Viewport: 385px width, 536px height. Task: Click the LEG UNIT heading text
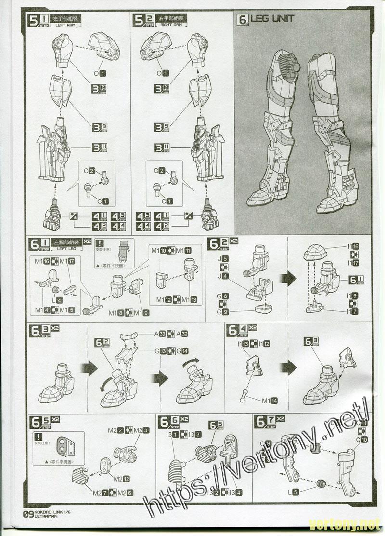tap(272, 19)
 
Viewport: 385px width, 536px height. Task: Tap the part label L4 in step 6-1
tap(57, 300)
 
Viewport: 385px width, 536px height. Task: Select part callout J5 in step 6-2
tap(222, 259)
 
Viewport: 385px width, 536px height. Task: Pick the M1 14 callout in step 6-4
tap(270, 401)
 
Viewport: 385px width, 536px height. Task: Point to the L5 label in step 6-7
tap(294, 492)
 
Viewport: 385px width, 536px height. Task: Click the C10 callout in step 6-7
tap(361, 439)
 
